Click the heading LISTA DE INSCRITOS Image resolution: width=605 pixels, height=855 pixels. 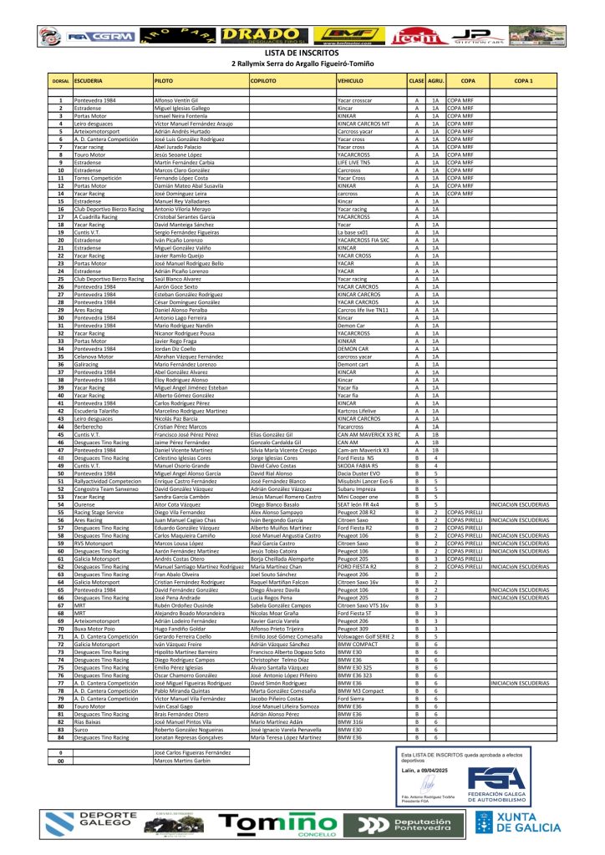[x=302, y=53]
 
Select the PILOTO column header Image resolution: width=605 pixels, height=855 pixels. [x=165, y=80]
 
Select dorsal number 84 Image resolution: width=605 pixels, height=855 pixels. [x=60, y=737]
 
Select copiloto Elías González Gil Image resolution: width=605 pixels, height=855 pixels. [x=271, y=434]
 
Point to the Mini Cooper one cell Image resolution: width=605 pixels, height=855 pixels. [x=356, y=496]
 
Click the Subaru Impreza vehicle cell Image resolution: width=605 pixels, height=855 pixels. [x=355, y=488]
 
